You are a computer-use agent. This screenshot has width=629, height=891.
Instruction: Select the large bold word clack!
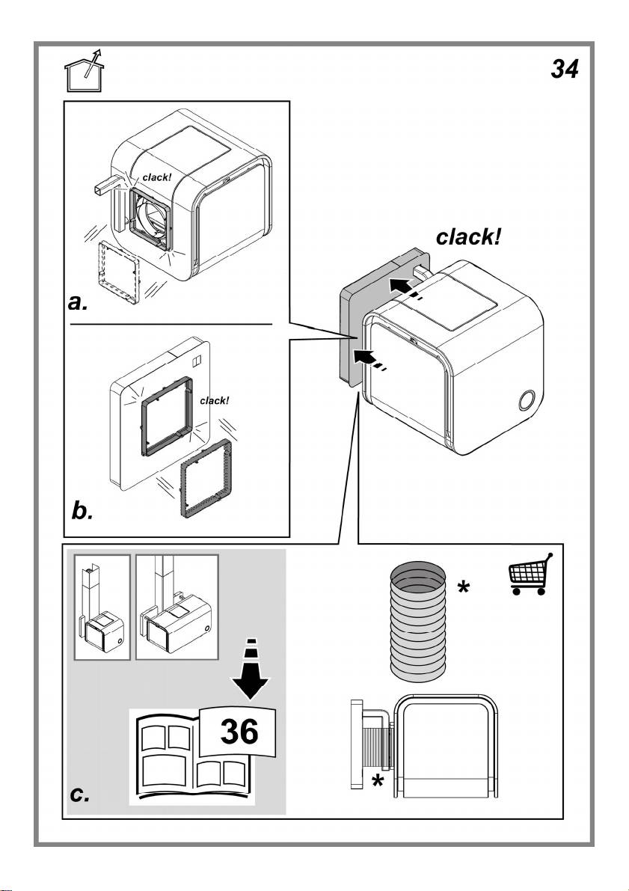pyautogui.click(x=468, y=238)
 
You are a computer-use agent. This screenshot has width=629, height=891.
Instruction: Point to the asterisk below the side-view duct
pyautogui.click(x=378, y=783)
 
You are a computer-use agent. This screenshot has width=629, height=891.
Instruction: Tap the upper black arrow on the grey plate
pyautogui.click(x=400, y=285)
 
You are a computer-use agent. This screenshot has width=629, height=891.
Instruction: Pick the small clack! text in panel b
pyautogui.click(x=215, y=400)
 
